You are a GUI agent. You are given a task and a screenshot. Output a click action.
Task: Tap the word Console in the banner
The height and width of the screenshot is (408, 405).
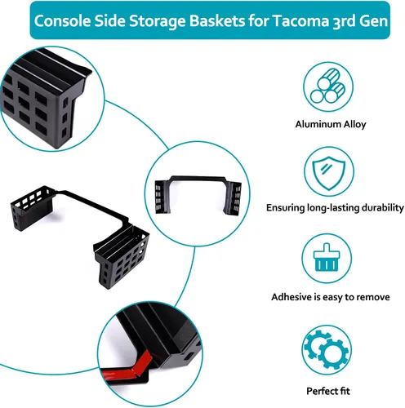63,20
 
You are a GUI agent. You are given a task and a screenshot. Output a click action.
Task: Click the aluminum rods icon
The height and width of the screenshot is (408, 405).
328,86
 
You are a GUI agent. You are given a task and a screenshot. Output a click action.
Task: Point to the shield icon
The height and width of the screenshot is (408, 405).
329,172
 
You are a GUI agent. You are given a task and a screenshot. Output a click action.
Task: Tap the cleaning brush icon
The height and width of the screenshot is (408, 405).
327,258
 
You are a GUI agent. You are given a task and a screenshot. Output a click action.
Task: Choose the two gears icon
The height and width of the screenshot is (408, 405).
326,349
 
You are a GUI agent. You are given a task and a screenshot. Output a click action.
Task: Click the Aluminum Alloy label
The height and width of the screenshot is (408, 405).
331,124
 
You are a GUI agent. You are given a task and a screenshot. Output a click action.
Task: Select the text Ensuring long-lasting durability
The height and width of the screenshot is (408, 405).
335,208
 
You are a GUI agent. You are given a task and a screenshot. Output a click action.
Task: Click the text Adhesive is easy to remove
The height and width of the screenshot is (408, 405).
330,297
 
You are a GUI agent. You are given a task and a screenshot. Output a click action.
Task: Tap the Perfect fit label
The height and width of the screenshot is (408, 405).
328,391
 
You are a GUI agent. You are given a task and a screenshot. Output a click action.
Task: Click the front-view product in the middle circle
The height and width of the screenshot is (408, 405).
198,195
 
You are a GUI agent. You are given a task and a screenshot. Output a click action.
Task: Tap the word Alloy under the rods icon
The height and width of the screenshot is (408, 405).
354,124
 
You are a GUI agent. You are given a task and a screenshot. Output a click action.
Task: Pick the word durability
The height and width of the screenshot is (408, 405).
383,208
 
